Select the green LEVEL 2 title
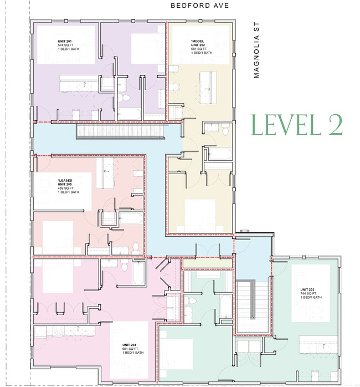[x=296, y=125]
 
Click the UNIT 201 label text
[x=66, y=41]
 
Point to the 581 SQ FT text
[x=198, y=49]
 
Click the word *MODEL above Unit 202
[x=198, y=40]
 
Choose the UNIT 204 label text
[x=131, y=344]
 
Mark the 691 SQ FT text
[x=131, y=348]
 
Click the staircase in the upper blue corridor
[x=121, y=131]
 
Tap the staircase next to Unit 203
[x=251, y=305]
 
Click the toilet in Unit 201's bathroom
[x=125, y=99]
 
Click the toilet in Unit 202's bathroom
[x=224, y=130]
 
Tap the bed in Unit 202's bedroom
[x=199, y=212]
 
